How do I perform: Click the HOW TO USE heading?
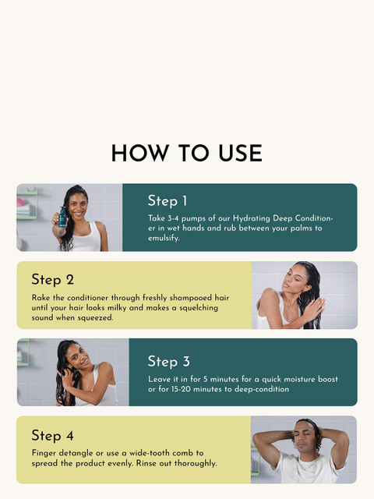point(187,153)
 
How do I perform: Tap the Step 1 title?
point(168,201)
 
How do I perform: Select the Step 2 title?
point(53,279)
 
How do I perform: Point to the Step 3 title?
point(169,362)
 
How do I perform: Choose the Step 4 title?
point(53,435)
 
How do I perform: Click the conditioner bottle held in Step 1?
point(62,218)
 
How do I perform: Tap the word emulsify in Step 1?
point(164,238)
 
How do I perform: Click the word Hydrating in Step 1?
point(252,218)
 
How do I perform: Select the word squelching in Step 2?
point(199,308)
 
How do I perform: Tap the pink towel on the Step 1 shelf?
point(21,202)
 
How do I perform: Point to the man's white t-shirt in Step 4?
point(305,469)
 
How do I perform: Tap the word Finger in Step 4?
point(44,453)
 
